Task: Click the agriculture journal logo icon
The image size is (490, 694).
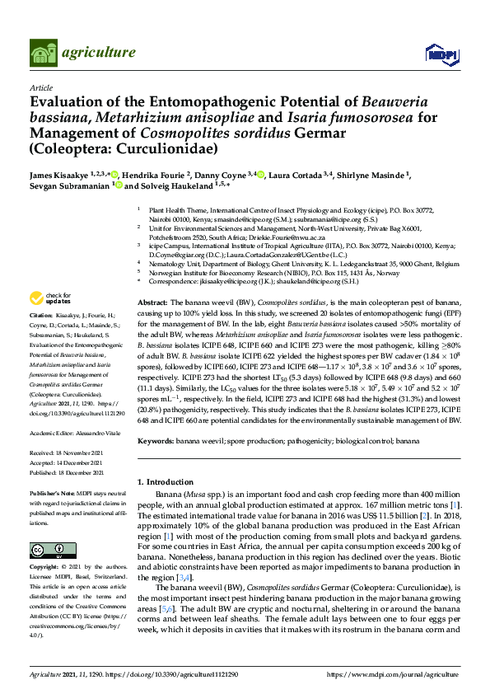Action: coord(43,53)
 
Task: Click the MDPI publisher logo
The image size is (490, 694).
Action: coord(440,54)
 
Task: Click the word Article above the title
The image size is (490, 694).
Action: coord(40,87)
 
